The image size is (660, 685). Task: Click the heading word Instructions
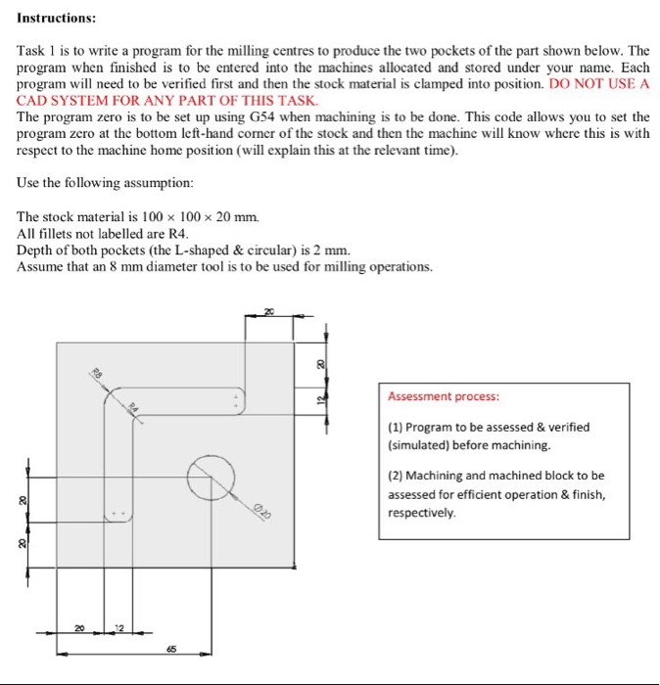tap(57, 18)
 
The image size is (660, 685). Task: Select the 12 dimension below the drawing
tap(119, 626)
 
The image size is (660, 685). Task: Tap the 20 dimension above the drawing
tap(269, 312)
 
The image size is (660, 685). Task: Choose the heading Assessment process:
tap(443, 397)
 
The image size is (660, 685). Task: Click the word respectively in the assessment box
tap(421, 512)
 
